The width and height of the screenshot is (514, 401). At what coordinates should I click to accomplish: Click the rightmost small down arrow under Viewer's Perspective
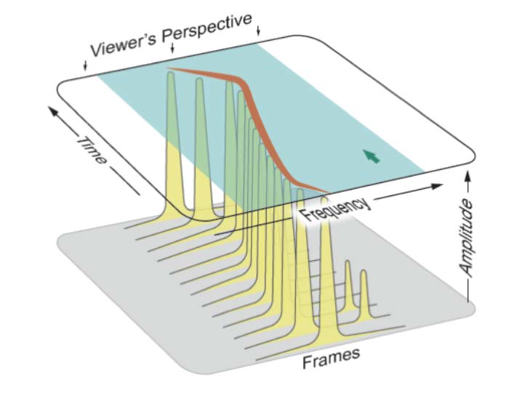(x=260, y=31)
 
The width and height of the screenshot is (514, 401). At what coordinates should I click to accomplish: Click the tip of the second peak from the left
(x=198, y=80)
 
